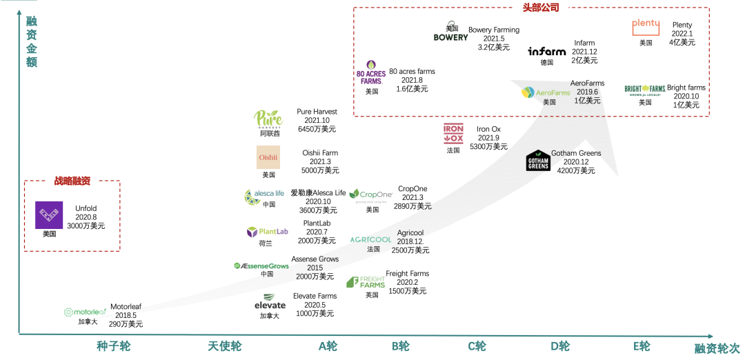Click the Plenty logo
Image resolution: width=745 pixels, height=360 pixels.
pyautogui.click(x=646, y=26)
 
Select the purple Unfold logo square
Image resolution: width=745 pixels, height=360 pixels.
pyautogui.click(x=49, y=215)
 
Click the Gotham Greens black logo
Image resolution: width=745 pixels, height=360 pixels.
pyautogui.click(x=538, y=161)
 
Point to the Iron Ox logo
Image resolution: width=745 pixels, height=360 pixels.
pyautogui.click(x=453, y=132)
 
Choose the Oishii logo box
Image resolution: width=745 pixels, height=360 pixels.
pyautogui.click(x=268, y=157)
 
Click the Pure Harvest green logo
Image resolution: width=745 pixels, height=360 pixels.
pyautogui.click(x=268, y=119)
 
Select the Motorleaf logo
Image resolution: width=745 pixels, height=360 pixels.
pyautogui.click(x=85, y=312)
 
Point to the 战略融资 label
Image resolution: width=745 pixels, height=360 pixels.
pyautogui.click(x=72, y=181)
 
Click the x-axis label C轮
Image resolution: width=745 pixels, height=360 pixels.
pyautogui.click(x=477, y=346)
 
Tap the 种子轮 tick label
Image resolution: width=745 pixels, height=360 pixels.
pyautogui.click(x=113, y=346)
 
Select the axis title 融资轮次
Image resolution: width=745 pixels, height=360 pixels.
pyautogui.click(x=717, y=350)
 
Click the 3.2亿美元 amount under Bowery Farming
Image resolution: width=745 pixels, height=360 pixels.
pyautogui.click(x=494, y=48)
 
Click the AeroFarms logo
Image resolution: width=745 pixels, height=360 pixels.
pyautogui.click(x=546, y=92)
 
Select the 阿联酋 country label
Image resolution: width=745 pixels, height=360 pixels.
pyautogui.click(x=270, y=134)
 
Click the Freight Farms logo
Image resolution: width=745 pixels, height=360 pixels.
pyautogui.click(x=366, y=282)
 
